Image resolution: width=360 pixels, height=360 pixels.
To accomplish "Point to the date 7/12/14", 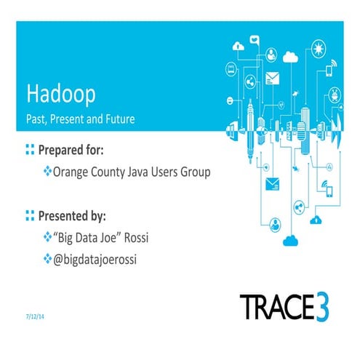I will (33, 317).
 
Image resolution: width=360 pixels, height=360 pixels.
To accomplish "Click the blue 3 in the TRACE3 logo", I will (319, 306).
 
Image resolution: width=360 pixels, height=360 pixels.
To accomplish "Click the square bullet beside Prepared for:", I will (30, 151).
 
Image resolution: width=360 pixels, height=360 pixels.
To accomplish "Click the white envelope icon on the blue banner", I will (273, 78).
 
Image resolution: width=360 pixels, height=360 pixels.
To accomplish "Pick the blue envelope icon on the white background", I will (273, 183).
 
